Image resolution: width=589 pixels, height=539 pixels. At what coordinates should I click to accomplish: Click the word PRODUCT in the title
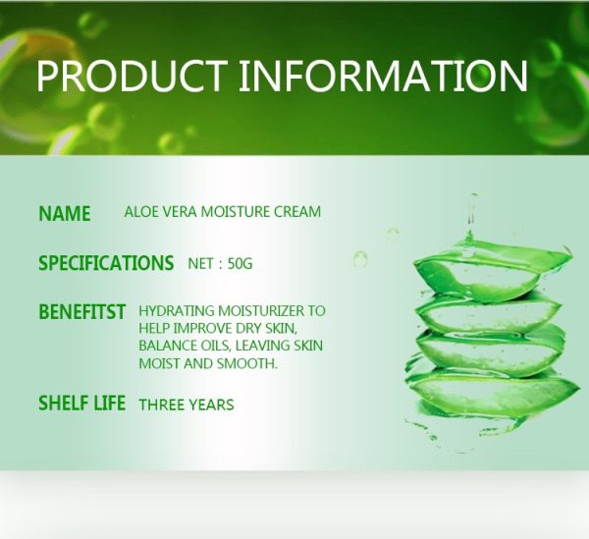click(132, 76)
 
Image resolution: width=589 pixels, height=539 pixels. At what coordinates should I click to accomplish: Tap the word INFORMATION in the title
click(383, 76)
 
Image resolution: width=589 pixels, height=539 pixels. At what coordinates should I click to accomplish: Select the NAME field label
click(65, 214)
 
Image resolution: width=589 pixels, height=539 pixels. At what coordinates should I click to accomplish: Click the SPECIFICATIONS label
click(106, 263)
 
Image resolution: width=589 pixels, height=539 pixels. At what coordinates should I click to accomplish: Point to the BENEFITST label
click(81, 312)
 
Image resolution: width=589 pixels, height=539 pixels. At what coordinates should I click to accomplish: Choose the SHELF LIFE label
click(81, 404)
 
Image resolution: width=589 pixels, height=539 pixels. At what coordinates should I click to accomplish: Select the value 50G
click(241, 264)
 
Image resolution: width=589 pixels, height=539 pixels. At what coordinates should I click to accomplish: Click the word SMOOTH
click(246, 363)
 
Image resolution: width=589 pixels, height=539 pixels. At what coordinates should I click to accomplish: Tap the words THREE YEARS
click(187, 404)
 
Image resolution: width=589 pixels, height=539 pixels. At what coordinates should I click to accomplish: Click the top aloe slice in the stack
click(492, 270)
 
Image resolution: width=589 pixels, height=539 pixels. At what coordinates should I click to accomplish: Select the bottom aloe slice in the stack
click(492, 395)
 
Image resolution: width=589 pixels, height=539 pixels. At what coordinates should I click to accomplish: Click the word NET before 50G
click(200, 264)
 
